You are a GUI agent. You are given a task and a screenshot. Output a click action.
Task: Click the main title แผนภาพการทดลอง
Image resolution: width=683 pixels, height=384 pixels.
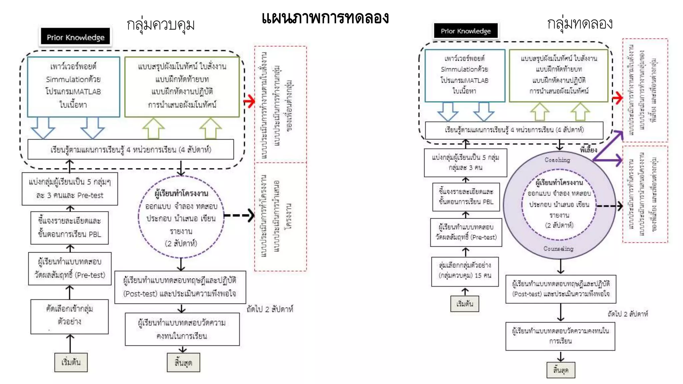(325, 18)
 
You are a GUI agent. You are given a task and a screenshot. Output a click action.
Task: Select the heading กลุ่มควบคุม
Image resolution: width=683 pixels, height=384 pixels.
(160, 25)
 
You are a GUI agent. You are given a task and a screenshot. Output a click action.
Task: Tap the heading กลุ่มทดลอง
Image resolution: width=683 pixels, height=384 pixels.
(580, 24)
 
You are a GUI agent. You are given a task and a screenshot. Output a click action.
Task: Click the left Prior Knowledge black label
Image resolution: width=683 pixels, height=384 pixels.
(76, 37)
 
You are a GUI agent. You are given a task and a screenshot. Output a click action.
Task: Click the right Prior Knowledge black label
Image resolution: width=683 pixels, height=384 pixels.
(466, 31)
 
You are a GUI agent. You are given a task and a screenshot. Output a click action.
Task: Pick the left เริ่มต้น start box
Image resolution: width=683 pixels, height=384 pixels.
(71, 362)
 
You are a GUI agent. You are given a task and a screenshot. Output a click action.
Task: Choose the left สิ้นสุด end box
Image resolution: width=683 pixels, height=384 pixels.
(183, 362)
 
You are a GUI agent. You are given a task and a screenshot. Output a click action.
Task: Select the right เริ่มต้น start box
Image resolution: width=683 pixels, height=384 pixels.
(465, 304)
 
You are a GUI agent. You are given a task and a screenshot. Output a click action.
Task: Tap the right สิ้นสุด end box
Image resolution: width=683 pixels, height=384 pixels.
(561, 370)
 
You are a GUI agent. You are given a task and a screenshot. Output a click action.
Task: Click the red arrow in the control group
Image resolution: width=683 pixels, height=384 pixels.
(249, 101)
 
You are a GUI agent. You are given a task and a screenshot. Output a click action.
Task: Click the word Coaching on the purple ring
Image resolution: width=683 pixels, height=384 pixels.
(557, 160)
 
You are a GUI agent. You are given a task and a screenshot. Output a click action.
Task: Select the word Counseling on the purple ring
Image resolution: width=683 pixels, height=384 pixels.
(558, 249)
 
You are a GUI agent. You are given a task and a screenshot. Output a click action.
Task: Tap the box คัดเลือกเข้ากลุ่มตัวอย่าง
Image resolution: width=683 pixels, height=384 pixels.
(69, 316)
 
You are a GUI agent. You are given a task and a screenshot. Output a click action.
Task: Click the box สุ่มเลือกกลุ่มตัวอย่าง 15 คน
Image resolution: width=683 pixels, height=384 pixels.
(465, 271)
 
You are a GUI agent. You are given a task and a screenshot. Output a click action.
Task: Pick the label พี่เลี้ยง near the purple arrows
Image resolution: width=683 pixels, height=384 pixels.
(588, 150)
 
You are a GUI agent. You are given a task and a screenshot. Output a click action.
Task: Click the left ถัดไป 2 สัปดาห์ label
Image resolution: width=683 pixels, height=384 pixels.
(270, 309)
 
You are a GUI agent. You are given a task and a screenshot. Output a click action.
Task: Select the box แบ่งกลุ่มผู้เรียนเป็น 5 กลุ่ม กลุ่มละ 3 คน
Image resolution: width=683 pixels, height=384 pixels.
(465, 162)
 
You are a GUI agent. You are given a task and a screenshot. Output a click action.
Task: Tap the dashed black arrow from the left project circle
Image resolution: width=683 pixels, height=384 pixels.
(239, 215)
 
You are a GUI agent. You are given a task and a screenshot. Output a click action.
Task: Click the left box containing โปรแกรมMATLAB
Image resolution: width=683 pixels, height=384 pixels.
(73, 87)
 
